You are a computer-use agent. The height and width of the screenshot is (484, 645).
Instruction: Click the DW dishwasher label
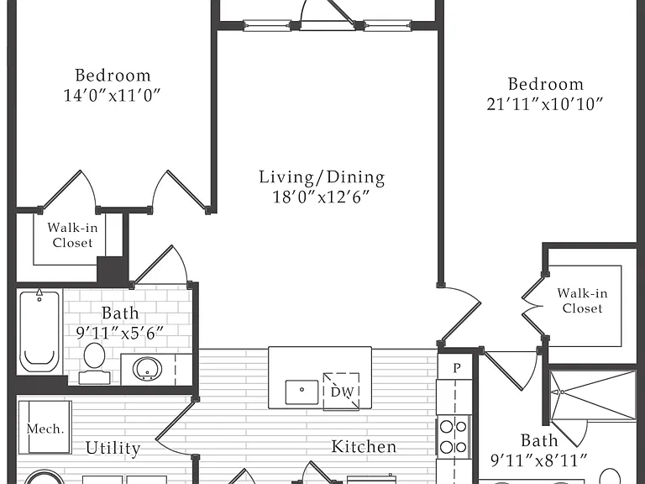342,392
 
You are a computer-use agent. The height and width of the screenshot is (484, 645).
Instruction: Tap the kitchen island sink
302,392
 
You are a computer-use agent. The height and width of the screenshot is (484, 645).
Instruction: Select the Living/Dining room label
322,177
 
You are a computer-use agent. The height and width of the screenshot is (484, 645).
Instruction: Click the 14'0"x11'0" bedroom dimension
112,95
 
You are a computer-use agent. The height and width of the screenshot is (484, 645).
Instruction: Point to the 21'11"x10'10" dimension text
544,103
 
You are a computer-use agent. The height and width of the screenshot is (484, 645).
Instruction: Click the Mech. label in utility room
45,429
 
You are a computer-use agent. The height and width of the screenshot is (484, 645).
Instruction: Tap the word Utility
113,448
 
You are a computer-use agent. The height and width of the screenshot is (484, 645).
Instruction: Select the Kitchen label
364,446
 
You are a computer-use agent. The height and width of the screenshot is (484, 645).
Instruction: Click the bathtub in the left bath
39,331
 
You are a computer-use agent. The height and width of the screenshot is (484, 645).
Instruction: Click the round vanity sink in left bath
147,369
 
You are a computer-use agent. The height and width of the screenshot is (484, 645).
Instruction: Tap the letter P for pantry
457,367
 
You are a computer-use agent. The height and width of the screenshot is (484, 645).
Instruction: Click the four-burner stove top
453,437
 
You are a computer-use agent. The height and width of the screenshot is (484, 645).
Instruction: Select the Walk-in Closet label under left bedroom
72,235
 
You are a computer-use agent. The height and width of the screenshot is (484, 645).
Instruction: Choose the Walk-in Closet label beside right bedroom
582,301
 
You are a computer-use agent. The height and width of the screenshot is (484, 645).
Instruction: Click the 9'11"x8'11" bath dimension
539,460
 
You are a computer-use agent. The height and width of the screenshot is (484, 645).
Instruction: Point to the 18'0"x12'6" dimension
322,197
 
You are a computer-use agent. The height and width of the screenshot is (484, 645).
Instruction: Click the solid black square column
110,269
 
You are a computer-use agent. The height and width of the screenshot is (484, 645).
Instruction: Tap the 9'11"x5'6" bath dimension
120,333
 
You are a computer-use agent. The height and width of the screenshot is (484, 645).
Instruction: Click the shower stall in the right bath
593,395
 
